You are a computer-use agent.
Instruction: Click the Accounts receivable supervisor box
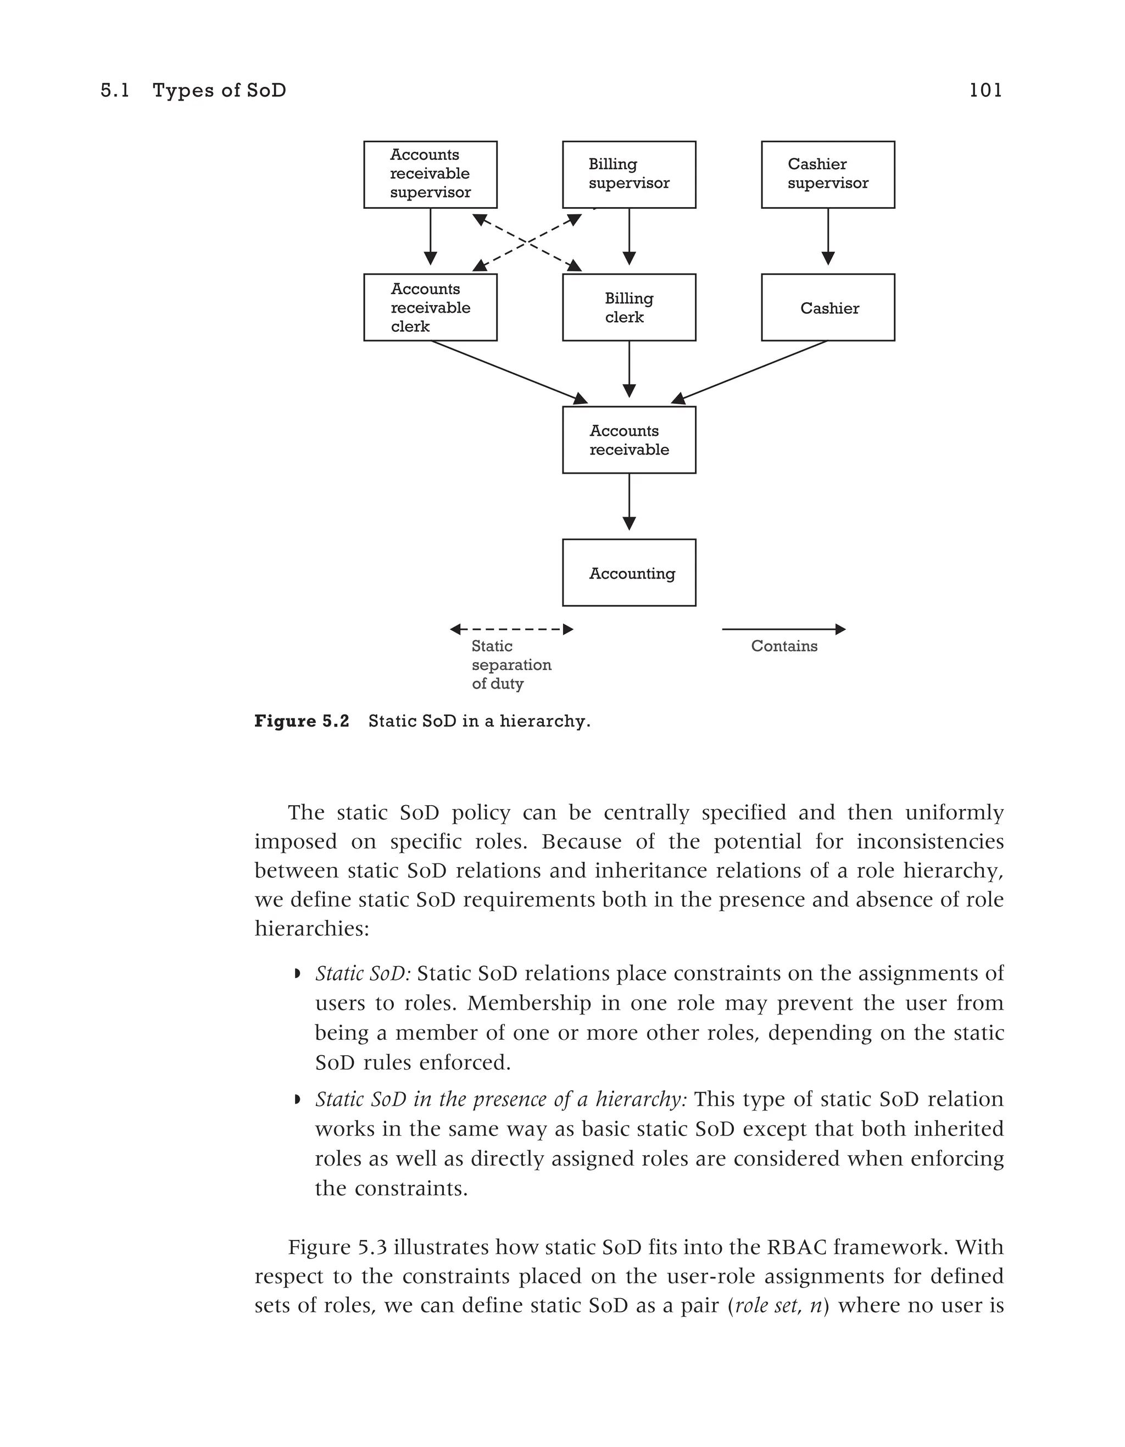(x=431, y=174)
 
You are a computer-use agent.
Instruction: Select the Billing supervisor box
(x=629, y=174)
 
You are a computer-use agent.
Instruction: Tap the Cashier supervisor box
(x=828, y=174)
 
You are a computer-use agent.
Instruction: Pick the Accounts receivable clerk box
(x=431, y=307)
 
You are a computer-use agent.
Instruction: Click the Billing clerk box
(x=629, y=307)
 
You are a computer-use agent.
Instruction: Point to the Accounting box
(x=629, y=573)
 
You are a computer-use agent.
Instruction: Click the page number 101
(x=985, y=90)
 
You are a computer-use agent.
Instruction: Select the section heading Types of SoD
(x=219, y=90)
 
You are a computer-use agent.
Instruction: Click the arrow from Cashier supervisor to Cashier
(x=828, y=236)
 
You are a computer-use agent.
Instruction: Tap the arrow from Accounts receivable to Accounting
(x=629, y=502)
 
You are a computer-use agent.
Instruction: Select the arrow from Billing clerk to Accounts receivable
(x=629, y=369)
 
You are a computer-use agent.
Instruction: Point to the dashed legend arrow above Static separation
(x=511, y=629)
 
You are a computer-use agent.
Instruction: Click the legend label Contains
(x=784, y=646)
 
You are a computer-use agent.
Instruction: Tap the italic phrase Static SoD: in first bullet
(x=363, y=973)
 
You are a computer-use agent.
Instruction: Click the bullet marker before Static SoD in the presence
(x=297, y=1100)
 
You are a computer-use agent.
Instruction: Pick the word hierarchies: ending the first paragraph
(x=312, y=928)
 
